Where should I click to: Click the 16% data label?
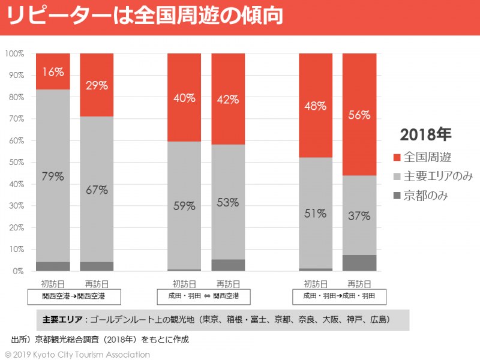click(53, 72)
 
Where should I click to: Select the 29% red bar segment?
click(97, 85)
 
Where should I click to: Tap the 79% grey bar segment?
click(53, 175)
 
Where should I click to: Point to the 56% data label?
click(359, 115)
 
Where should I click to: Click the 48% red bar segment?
click(316, 106)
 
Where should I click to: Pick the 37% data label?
click(359, 215)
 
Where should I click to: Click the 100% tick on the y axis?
click(14, 53)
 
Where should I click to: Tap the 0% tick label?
click(18, 271)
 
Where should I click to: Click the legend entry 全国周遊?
click(427, 157)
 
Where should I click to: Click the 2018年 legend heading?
click(425, 134)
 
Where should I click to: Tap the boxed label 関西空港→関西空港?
click(74, 296)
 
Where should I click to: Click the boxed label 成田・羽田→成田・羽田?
click(339, 296)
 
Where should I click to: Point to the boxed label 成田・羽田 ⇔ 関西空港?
click(206, 296)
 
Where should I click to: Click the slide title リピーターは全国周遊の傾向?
click(145, 17)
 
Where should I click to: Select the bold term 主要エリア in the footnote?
click(62, 320)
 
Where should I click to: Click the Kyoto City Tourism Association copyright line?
click(77, 355)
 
